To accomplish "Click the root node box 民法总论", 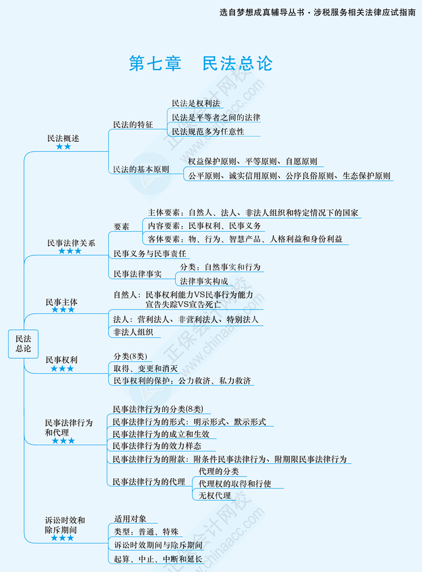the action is (23, 344).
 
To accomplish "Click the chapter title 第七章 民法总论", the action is (200, 63).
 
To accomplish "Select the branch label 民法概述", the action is (63, 138).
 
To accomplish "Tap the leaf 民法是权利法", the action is (196, 103).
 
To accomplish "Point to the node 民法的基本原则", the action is (141, 169).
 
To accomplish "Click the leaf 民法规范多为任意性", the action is (208, 131).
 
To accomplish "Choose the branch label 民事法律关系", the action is (71, 243).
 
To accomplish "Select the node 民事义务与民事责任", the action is (150, 253).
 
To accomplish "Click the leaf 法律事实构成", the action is (204, 281).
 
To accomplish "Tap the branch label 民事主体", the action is (62, 302).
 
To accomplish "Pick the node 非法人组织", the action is (133, 332).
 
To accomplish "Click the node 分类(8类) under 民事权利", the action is (130, 356).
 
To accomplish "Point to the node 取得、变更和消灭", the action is (146, 368).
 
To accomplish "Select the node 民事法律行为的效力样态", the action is (157, 446).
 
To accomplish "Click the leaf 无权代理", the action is (215, 496).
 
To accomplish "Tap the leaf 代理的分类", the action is (219, 471).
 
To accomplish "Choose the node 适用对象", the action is (130, 518).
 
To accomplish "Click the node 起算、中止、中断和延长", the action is (158, 559).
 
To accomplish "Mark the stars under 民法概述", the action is (63, 147).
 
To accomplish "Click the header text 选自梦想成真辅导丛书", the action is (262, 12).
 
